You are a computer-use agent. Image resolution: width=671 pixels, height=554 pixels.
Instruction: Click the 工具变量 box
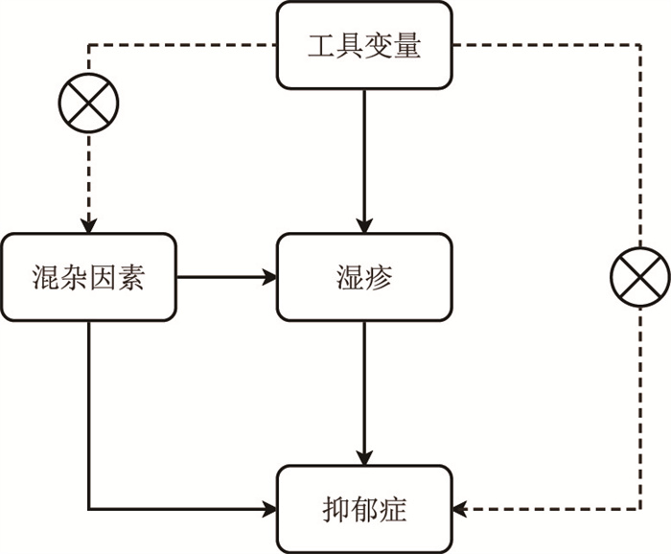click(364, 45)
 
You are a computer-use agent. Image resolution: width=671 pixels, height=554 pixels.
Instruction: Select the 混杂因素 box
click(88, 278)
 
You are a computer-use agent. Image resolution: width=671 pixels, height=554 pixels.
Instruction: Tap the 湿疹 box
click(364, 278)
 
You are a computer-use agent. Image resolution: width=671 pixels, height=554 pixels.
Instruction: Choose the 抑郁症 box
click(364, 508)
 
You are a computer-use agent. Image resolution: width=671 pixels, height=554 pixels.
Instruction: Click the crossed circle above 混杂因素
click(88, 103)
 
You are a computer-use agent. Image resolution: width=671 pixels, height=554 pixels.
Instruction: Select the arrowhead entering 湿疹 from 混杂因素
click(269, 278)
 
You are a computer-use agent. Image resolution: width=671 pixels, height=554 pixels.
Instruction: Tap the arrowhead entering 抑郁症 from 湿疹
click(364, 456)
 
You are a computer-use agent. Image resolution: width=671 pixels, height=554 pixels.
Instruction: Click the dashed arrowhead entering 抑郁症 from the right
click(461, 508)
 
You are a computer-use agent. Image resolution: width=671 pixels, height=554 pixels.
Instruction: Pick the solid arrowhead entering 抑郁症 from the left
click(269, 508)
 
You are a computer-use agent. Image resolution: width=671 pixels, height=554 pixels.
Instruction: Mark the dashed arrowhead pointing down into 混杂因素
click(88, 226)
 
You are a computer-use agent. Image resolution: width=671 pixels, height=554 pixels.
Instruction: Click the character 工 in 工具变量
click(321, 45)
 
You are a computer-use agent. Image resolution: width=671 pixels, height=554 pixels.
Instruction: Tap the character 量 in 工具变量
click(407, 45)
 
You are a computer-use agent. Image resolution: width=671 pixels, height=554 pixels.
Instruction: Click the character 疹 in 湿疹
click(379, 279)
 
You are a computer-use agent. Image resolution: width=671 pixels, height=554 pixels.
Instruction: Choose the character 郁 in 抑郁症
click(364, 509)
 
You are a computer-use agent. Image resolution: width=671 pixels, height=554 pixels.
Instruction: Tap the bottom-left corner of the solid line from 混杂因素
click(88, 508)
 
